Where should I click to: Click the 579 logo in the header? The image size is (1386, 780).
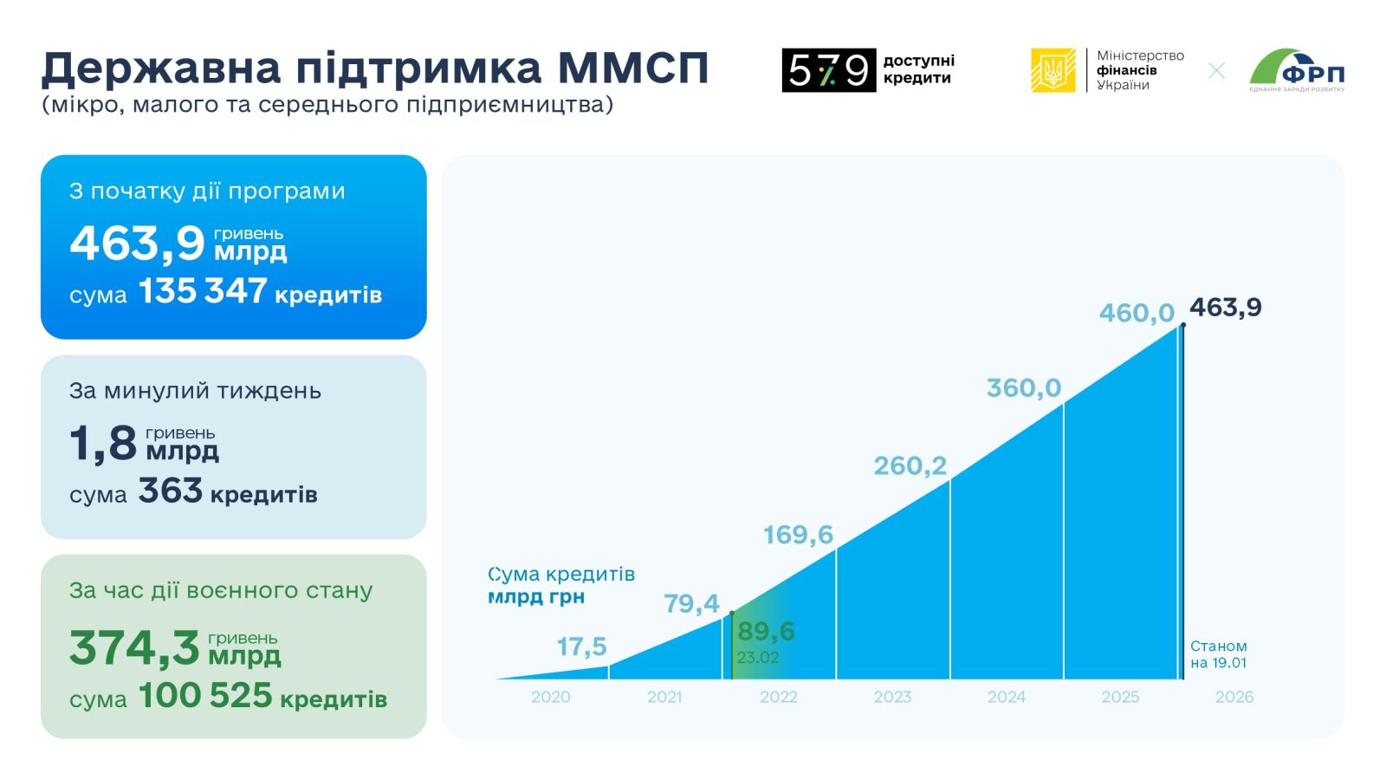point(828,70)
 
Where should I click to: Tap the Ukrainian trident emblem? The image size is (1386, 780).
point(1053,70)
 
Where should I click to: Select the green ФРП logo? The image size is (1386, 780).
point(1297,69)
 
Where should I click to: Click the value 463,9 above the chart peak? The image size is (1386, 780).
point(1225,308)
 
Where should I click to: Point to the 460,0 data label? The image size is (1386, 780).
point(1137,313)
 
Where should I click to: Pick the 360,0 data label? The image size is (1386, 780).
point(1024,388)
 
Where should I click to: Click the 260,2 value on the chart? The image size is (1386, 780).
point(910,466)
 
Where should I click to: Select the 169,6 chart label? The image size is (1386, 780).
point(798,535)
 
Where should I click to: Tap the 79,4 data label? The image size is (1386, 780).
point(691,603)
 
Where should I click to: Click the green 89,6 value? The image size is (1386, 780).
point(766,631)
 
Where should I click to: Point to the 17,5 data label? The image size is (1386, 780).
point(581,647)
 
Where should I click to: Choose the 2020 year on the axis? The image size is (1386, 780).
point(551,697)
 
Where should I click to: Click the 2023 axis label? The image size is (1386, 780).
point(892,697)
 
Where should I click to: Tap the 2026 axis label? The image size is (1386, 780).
point(1234,697)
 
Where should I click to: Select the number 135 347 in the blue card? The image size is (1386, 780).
point(203,292)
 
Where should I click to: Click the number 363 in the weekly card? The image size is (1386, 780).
point(171,491)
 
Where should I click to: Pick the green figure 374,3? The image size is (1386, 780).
point(134,647)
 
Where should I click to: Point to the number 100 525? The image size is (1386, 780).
point(205,696)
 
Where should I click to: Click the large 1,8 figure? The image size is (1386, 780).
point(103,443)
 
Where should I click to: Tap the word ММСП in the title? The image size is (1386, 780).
point(633,68)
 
